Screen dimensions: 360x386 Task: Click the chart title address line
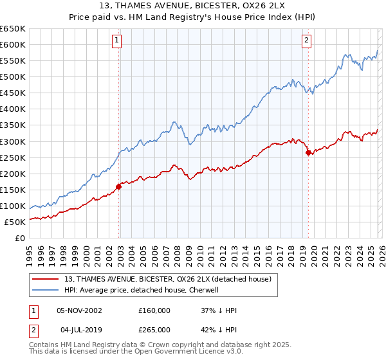[192, 5]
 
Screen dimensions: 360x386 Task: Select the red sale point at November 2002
[118, 186]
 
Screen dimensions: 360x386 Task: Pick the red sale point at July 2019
[308, 152]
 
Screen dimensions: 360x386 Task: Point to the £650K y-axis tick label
[13, 29]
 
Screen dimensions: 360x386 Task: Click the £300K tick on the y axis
[13, 141]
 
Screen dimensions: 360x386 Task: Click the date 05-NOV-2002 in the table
[80, 310]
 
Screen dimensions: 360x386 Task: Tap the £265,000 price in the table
[154, 329]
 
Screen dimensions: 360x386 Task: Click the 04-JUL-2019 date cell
[79, 329]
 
